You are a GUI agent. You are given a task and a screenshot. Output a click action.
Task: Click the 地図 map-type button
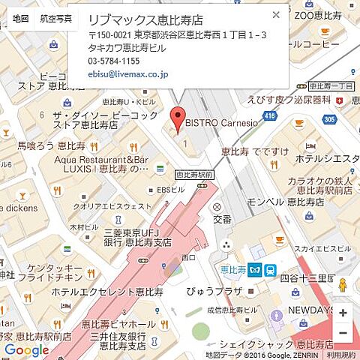(21, 17)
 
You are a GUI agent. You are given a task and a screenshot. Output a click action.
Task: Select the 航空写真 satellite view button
(55, 17)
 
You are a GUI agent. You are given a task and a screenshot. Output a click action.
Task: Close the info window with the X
(276, 14)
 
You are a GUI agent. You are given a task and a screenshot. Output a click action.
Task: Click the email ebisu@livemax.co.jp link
(128, 74)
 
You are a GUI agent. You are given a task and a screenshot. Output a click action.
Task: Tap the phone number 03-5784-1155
(114, 61)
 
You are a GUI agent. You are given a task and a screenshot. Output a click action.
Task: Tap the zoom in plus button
(343, 313)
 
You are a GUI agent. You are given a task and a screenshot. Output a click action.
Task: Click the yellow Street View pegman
(343, 286)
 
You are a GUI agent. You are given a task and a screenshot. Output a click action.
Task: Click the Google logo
(26, 350)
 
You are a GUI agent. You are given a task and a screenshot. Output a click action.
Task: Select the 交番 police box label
(222, 220)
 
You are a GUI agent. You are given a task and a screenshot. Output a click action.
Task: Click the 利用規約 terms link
(341, 355)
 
